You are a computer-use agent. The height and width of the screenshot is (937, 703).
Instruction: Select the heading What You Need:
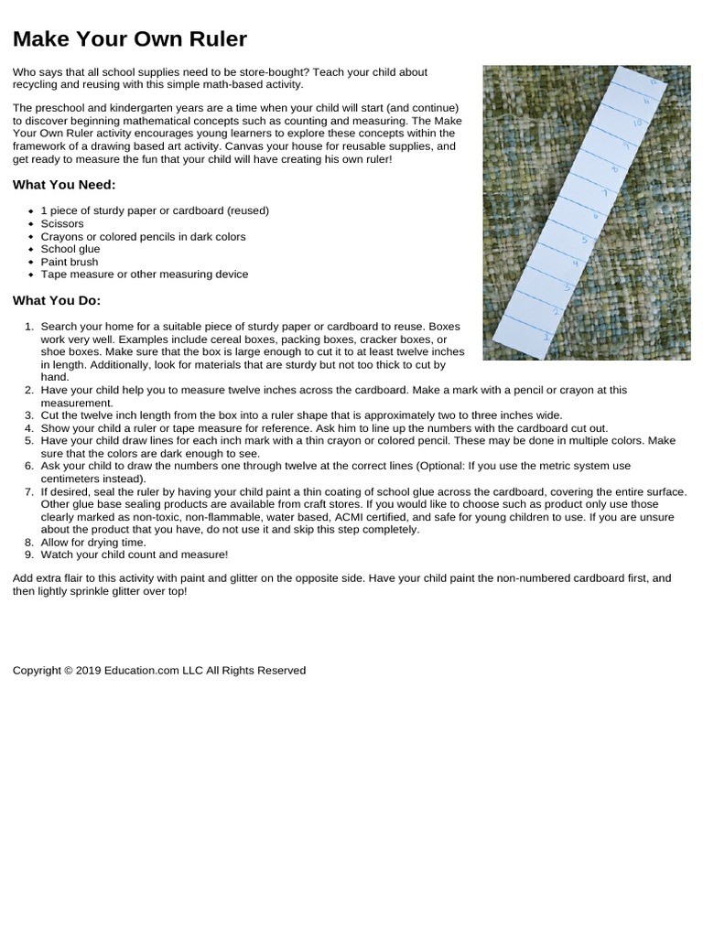point(64,185)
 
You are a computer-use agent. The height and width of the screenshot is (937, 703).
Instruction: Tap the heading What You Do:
point(57,300)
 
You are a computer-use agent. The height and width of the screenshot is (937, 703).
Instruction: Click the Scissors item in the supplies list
point(62,223)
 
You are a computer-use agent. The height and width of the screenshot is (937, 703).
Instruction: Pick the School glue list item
point(70,249)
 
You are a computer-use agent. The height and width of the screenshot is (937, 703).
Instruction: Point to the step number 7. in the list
point(28,491)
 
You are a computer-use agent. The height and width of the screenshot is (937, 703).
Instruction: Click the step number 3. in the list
point(28,415)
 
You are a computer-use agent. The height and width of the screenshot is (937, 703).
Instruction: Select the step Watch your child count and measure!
point(135,555)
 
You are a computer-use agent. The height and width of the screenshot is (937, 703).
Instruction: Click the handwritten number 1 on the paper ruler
point(546,337)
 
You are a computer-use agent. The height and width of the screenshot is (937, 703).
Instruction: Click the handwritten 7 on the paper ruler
point(603,193)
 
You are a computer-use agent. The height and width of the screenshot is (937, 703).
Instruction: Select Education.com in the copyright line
point(141,671)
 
